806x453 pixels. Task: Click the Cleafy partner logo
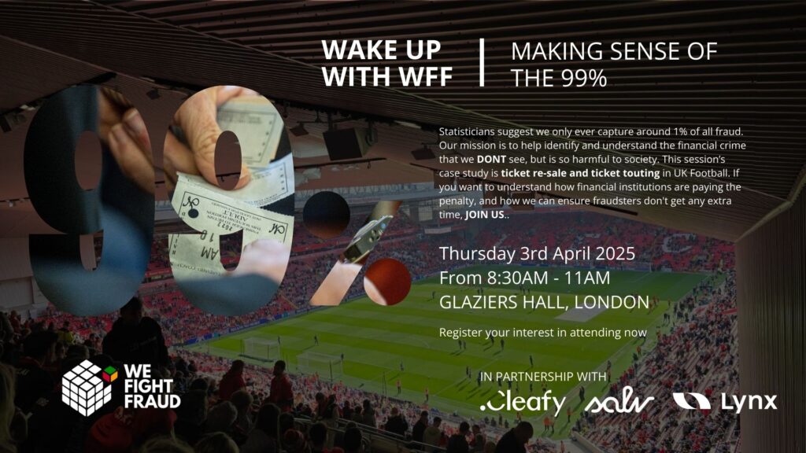(523, 403)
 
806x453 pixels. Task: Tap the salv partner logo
(619, 403)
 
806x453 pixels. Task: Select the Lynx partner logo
(725, 402)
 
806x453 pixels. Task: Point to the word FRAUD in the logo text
(152, 401)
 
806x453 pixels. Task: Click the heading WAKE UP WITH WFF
(386, 63)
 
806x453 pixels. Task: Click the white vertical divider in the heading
(482, 62)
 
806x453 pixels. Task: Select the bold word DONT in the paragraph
(491, 159)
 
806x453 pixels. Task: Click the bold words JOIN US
(485, 215)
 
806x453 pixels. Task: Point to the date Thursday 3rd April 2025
(537, 254)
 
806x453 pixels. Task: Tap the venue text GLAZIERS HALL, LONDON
(545, 302)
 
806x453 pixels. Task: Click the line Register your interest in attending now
(543, 333)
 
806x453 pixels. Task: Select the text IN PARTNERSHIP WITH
(543, 377)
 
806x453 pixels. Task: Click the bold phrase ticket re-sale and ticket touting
(580, 173)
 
